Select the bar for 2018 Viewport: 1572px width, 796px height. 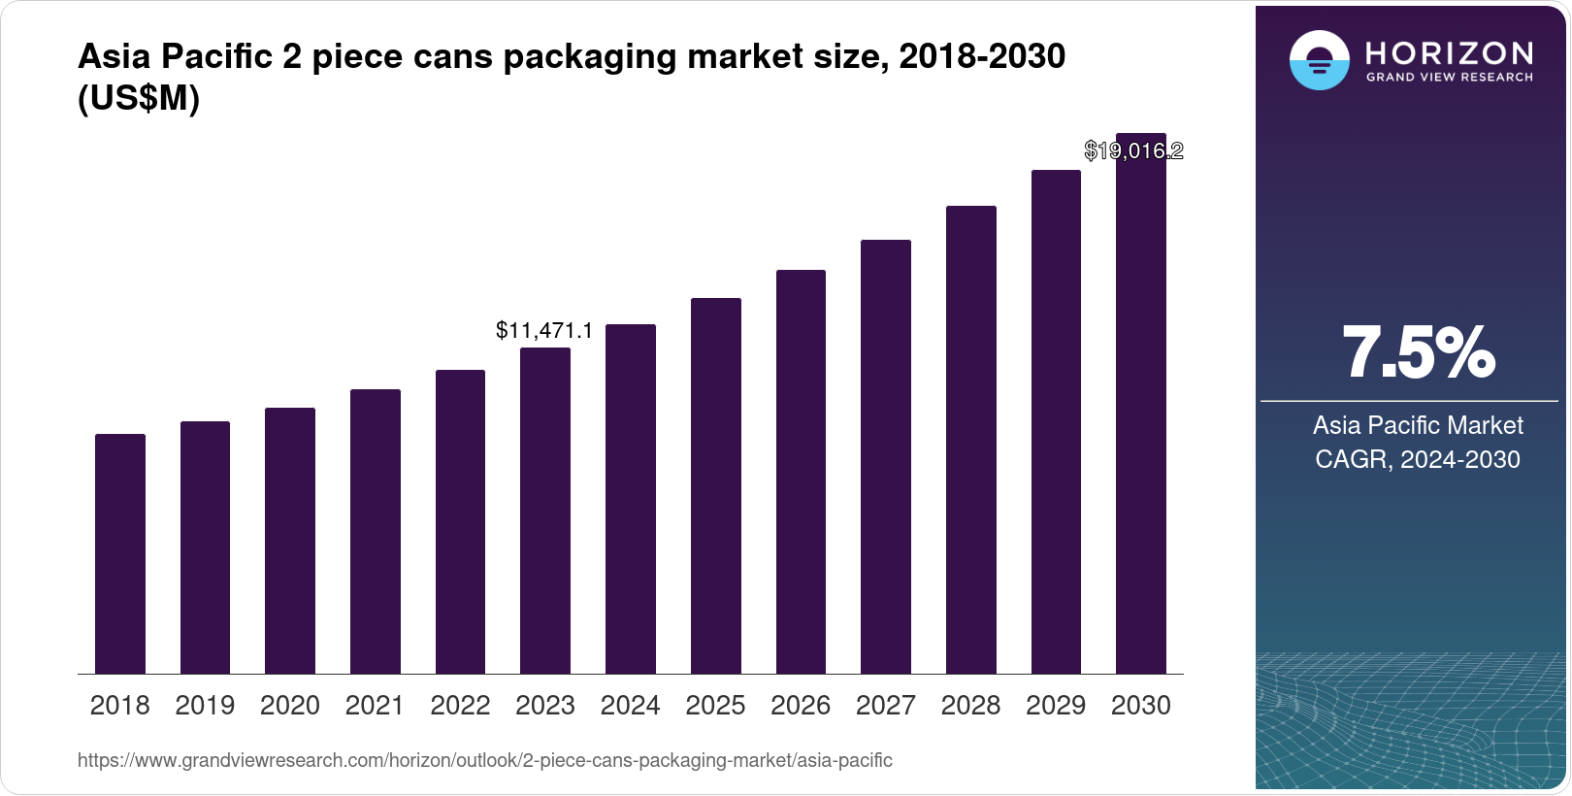[x=120, y=553]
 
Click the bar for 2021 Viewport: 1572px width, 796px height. [x=376, y=531]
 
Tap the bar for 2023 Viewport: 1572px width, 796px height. [x=545, y=511]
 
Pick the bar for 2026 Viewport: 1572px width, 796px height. [x=801, y=472]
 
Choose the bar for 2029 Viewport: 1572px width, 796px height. [x=1056, y=421]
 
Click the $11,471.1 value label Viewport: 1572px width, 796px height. [x=544, y=330]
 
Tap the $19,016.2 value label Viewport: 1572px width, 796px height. [x=1133, y=150]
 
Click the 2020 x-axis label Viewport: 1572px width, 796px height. [x=290, y=706]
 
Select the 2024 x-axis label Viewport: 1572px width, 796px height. [x=631, y=706]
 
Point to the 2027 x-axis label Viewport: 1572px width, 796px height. [x=886, y=706]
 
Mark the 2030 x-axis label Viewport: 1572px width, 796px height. [x=1141, y=706]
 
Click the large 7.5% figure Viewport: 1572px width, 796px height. [x=1418, y=352]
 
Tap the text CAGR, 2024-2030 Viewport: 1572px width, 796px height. [x=1418, y=459]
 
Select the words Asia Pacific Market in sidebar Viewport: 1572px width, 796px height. [x=1418, y=425]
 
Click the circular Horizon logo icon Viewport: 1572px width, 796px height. [x=1319, y=60]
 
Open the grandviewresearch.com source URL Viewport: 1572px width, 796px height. [x=484, y=760]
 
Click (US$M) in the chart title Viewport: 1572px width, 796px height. [x=139, y=98]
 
